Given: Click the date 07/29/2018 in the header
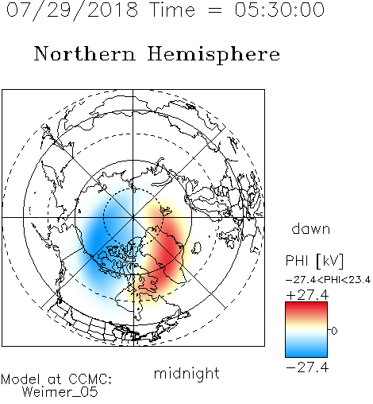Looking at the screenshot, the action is tap(72, 10).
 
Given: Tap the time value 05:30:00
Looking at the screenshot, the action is tap(279, 10).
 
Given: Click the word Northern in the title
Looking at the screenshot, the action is tap(85, 53).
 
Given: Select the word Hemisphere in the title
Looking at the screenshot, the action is tap(213, 54).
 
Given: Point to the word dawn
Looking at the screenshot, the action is tap(311, 229).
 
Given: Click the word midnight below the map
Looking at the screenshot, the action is tap(186, 374).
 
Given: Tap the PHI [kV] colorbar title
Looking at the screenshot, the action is tap(315, 261).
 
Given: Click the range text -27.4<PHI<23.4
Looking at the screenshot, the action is tap(328, 280).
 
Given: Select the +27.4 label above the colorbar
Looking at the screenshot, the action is tap(307, 295).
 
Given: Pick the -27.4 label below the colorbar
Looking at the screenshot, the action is tap(307, 367).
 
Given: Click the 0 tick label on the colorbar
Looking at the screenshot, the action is tap(334, 331).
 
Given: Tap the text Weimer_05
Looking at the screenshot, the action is tap(60, 392).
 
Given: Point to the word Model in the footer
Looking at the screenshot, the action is tap(21, 379).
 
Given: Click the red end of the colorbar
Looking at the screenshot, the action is tap(306, 305).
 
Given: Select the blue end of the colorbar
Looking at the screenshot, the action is tap(306, 354).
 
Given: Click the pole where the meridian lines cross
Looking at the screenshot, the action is tap(133, 217).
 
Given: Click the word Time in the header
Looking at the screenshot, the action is tap(172, 10).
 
